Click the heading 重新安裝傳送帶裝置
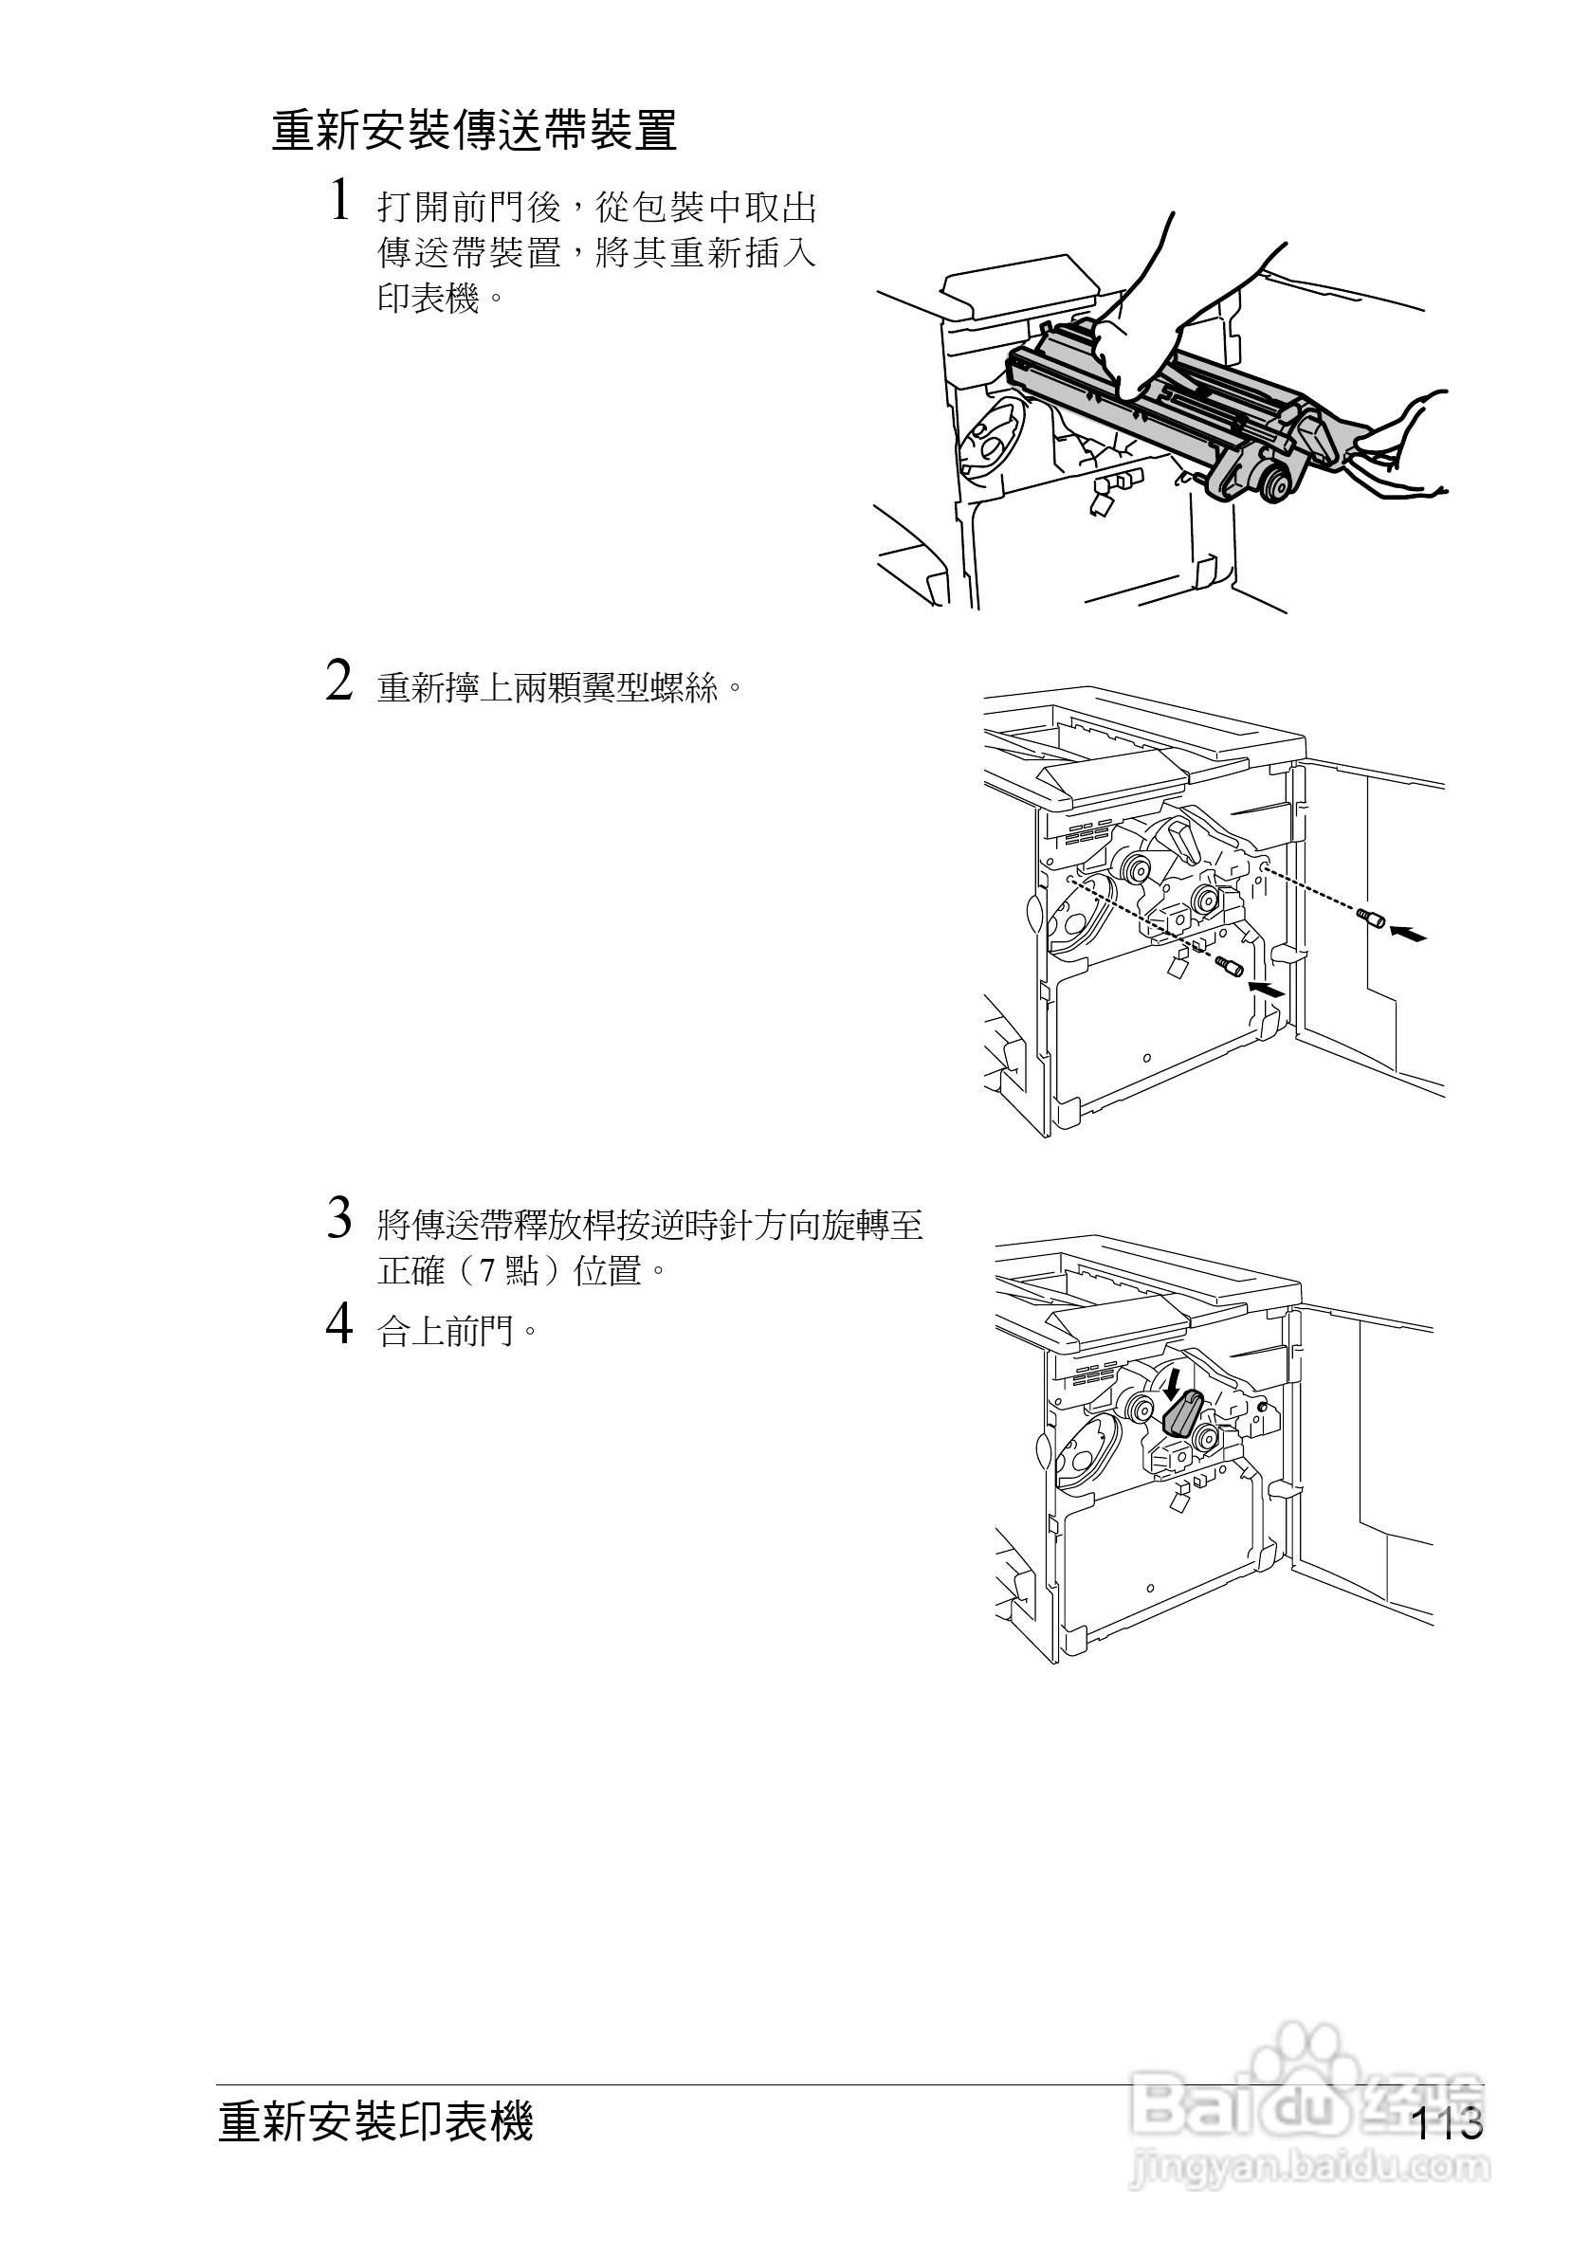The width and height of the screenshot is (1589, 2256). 475,132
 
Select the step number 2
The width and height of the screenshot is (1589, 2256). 339,681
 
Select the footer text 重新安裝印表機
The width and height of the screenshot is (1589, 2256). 375,2120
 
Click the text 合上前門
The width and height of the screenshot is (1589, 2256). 447,1333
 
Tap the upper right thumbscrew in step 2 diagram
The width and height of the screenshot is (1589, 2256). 1371,919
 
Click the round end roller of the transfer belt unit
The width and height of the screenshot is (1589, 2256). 1275,483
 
